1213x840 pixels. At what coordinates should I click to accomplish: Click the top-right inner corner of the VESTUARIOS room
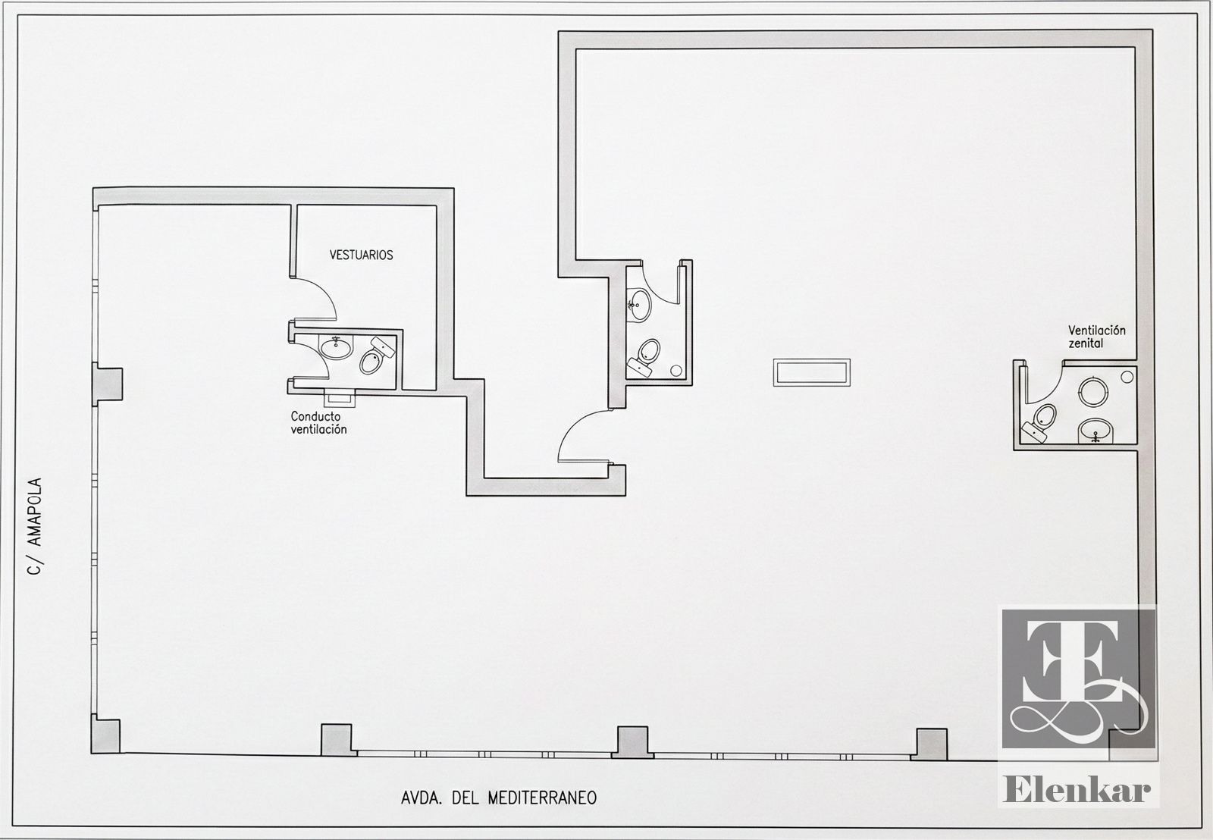click(437, 205)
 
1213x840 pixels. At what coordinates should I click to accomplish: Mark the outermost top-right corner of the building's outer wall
click(1152, 30)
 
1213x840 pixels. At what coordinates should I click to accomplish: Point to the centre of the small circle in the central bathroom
click(675, 371)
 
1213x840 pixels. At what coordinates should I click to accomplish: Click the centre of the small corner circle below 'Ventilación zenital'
click(1127, 377)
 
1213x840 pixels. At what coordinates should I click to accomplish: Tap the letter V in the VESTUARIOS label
click(333, 255)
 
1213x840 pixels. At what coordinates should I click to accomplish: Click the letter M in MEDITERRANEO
click(493, 798)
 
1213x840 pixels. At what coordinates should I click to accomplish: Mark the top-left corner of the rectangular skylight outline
click(773, 359)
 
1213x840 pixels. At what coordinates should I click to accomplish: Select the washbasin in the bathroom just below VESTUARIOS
click(336, 346)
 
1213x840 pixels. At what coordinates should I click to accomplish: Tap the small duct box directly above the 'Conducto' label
click(339, 398)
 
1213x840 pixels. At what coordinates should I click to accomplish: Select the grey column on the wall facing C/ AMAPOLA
click(107, 384)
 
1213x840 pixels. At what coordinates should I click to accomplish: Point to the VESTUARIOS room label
click(361, 255)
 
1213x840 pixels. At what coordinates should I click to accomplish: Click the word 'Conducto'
click(315, 416)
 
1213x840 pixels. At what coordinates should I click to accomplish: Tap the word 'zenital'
click(1086, 343)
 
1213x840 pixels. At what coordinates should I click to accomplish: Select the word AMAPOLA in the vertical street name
click(35, 512)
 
